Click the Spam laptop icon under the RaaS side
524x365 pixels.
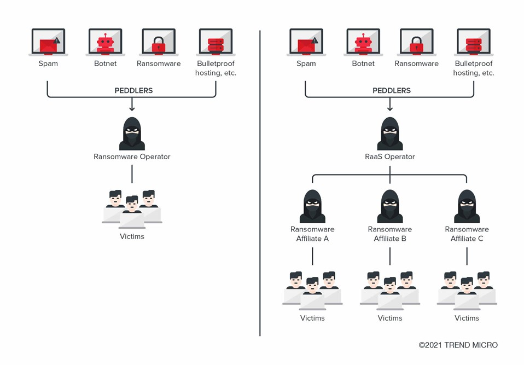[306, 42]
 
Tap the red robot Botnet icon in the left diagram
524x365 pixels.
[106, 42]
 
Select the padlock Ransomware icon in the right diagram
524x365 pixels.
[416, 42]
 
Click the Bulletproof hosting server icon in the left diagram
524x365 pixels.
[216, 42]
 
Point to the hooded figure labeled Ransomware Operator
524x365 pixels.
[132, 134]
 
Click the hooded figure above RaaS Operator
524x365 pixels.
[390, 134]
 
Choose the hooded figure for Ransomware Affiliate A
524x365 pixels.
[312, 206]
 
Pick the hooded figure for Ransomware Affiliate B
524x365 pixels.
[390, 206]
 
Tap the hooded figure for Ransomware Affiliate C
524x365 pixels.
[467, 206]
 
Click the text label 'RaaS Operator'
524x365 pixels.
[390, 157]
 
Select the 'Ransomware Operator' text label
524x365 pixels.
[132, 157]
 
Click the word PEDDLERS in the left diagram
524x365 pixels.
[133, 90]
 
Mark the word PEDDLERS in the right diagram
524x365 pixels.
[392, 90]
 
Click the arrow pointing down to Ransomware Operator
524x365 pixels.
[132, 106]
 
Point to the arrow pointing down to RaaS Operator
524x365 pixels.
[390, 106]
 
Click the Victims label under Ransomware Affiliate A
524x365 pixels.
[312, 318]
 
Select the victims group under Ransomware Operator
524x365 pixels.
[132, 208]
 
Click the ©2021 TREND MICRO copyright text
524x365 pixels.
[458, 345]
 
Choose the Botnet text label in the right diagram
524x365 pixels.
[363, 63]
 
